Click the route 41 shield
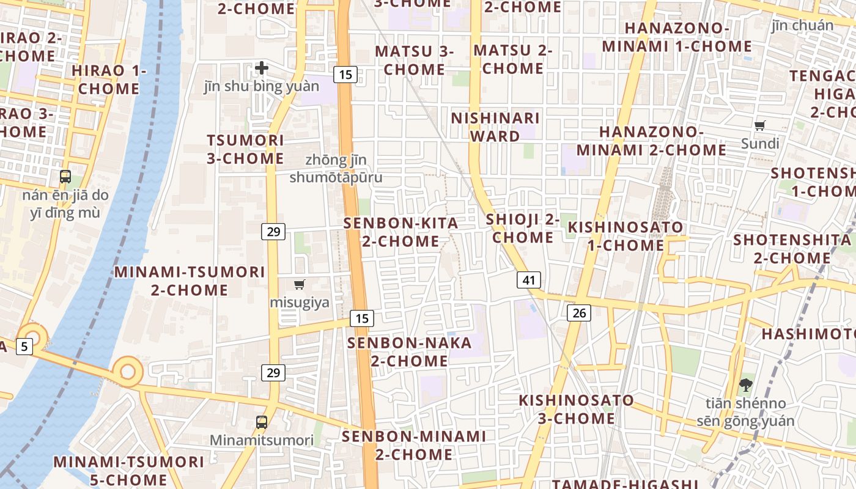(x=529, y=280)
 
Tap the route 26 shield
(x=579, y=313)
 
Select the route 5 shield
(x=23, y=347)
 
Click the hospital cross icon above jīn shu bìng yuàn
(x=262, y=68)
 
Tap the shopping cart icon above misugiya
(x=299, y=284)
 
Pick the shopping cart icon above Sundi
(x=760, y=126)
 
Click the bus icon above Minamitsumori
(x=262, y=422)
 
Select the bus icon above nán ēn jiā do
(x=65, y=177)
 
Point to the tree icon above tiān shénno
(x=745, y=385)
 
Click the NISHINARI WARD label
(x=495, y=127)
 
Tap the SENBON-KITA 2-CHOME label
(x=401, y=232)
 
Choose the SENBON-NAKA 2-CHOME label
(x=410, y=351)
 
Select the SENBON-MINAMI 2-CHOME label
(x=414, y=445)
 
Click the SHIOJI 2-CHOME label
(x=523, y=228)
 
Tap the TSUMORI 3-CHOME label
(x=245, y=149)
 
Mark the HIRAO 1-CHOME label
(x=109, y=79)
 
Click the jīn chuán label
(x=802, y=25)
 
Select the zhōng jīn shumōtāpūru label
(x=336, y=169)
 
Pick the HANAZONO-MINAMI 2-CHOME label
(x=651, y=141)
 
